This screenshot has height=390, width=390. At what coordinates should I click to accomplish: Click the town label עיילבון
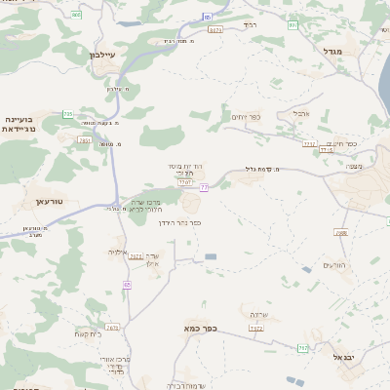pyautogui.click(x=101, y=55)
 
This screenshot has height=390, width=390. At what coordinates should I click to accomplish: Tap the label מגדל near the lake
pyautogui.click(x=333, y=51)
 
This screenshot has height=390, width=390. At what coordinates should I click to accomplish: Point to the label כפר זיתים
pyautogui.click(x=244, y=117)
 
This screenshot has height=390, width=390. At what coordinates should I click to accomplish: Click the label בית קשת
pyautogui.click(x=87, y=334)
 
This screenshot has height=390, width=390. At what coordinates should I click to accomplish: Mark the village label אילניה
pyautogui.click(x=118, y=252)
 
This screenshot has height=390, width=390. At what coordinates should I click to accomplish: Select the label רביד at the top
pyautogui.click(x=250, y=23)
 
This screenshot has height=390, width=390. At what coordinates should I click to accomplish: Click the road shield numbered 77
pyautogui.click(x=205, y=187)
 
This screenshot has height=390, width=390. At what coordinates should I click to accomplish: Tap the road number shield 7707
pyautogui.click(x=185, y=180)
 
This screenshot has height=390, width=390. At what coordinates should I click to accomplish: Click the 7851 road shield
pyautogui.click(x=85, y=140)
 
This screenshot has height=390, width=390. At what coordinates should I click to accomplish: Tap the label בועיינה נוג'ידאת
pyautogui.click(x=19, y=123)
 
